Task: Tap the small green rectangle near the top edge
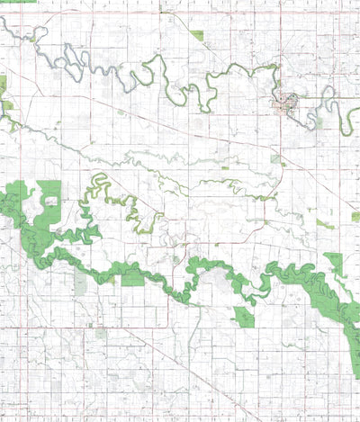tap(196, 35)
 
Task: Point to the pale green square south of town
tap(276, 158)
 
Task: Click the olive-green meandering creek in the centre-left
tap(135, 211)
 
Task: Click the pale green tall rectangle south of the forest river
tap(81, 283)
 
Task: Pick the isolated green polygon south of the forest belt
tap(243, 315)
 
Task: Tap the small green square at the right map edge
tap(355, 217)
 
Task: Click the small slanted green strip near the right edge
tap(324, 223)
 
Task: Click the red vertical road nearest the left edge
tap(22, 270)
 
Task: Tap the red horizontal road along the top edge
tap(180, 13)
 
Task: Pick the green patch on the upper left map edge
tap(3, 85)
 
